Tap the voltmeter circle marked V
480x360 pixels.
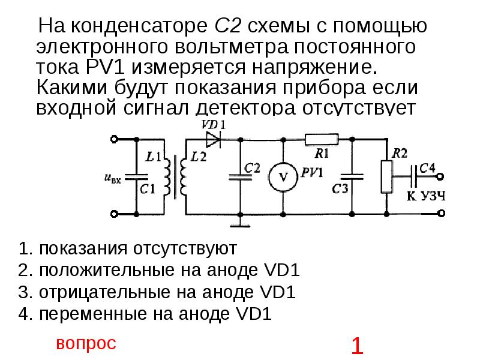click(x=283, y=176)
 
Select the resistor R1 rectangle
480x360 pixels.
click(x=322, y=139)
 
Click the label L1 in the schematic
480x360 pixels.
click(x=154, y=158)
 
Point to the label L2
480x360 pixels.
click(x=198, y=158)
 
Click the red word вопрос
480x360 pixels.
click(x=86, y=343)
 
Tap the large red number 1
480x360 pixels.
click(x=357, y=346)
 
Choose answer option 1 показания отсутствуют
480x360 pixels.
click(x=128, y=248)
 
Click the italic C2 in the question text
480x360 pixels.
click(x=227, y=27)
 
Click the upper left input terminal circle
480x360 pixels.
click(x=115, y=139)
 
